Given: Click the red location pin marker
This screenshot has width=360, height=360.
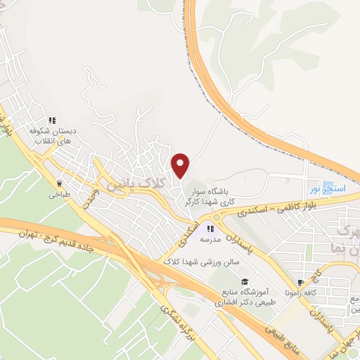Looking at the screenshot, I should pyautogui.click(x=181, y=165).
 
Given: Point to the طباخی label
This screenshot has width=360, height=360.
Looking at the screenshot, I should pyautogui.click(x=58, y=196).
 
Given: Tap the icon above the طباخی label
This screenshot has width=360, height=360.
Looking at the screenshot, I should pyautogui.click(x=59, y=184).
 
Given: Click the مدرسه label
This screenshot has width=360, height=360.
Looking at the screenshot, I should pyautogui.click(x=210, y=240).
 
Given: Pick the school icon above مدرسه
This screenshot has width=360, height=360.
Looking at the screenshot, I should pyautogui.click(x=210, y=228).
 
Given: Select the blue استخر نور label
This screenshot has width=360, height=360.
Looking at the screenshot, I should pyautogui.click(x=324, y=189).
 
